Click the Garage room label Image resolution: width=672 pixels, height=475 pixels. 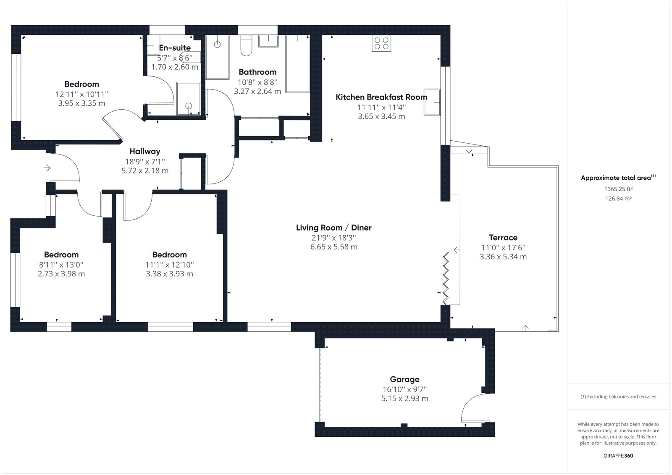click(404, 379)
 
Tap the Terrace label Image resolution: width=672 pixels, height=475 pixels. click(503, 238)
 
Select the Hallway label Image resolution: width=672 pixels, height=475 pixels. click(145, 152)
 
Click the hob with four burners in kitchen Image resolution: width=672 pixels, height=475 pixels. click(381, 43)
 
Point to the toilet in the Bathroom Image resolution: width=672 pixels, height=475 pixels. click(246, 45)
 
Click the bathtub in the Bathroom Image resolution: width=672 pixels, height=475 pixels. click(298, 64)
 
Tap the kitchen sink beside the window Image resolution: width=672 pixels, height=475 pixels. click(432, 102)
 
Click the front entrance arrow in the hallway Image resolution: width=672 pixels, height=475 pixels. click(47, 168)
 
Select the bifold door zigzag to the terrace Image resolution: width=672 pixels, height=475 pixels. click(446, 278)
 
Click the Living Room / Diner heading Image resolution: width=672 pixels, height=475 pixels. click(333, 228)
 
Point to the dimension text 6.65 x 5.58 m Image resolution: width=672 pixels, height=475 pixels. click(333, 247)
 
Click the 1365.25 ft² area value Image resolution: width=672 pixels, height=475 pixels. click(618, 189)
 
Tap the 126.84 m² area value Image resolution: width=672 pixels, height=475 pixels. click(618, 199)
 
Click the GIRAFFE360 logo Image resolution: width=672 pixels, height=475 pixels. click(618, 456)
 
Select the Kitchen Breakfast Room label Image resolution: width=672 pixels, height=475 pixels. click(381, 97)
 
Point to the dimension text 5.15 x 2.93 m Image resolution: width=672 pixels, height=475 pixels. click(405, 399)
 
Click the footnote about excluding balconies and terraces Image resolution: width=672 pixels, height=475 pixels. click(618, 397)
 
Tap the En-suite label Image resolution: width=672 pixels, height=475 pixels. click(175, 48)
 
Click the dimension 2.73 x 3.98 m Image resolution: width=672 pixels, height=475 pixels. click(61, 274)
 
